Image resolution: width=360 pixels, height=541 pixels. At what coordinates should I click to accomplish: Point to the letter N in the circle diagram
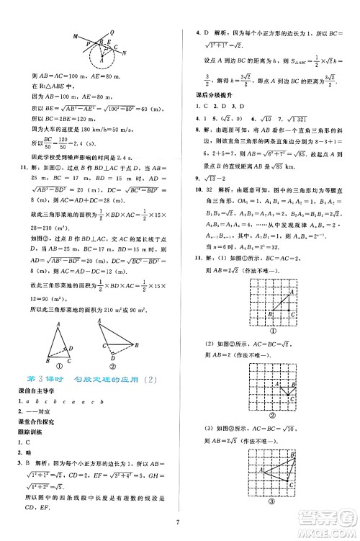[x=125, y=53]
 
